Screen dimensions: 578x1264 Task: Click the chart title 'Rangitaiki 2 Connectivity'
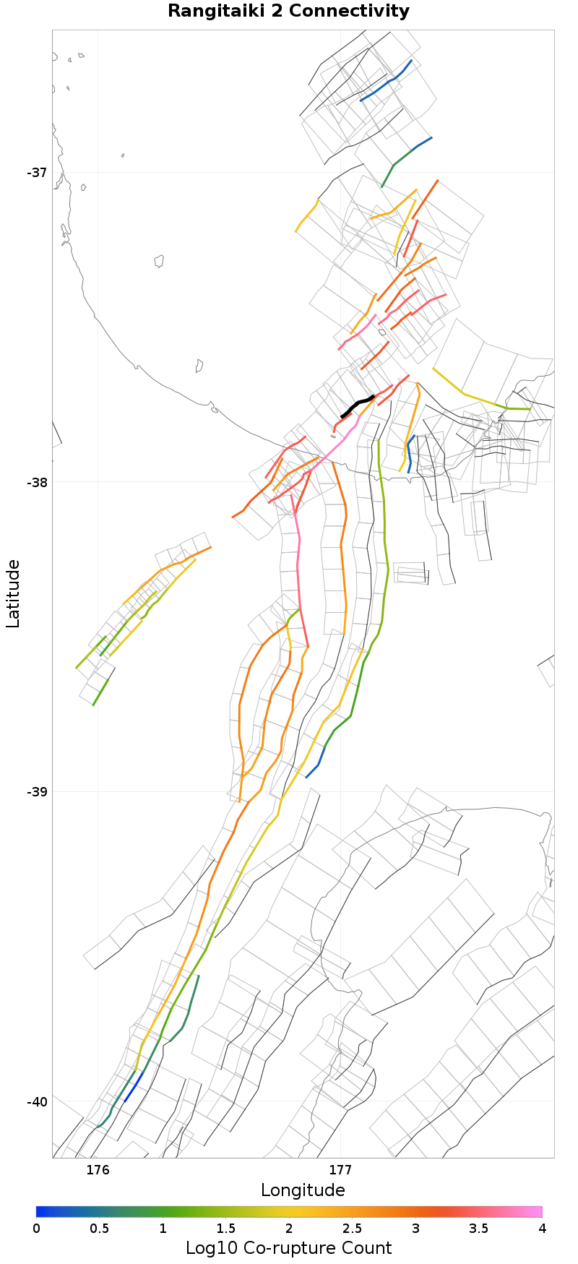coord(288,12)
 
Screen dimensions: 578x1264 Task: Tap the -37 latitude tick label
coord(37,173)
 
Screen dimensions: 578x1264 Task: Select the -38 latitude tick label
coord(37,482)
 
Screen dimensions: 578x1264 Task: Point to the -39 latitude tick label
coord(37,791)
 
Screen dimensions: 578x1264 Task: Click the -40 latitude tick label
coord(37,1101)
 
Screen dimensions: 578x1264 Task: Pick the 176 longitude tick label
coord(98,1169)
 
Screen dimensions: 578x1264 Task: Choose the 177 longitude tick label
coord(340,1169)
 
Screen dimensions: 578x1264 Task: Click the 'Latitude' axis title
coord(13,593)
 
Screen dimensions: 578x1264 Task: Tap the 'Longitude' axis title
coord(303,1190)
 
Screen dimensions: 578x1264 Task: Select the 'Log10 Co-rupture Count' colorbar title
coord(288,1248)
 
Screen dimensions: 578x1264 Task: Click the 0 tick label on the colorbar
coord(37,1229)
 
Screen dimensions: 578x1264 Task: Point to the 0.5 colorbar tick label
coord(100,1229)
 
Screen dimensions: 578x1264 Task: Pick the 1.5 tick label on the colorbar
coord(226,1229)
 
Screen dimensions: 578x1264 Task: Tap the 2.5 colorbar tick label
coord(353,1229)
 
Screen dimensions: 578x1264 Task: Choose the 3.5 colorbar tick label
coord(478,1229)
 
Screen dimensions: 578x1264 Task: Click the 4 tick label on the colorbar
coord(541,1229)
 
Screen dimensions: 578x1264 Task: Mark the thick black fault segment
coord(357,406)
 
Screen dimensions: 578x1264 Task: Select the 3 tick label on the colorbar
coord(415,1229)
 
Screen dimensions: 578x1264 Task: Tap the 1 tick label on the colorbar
coord(163,1229)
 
